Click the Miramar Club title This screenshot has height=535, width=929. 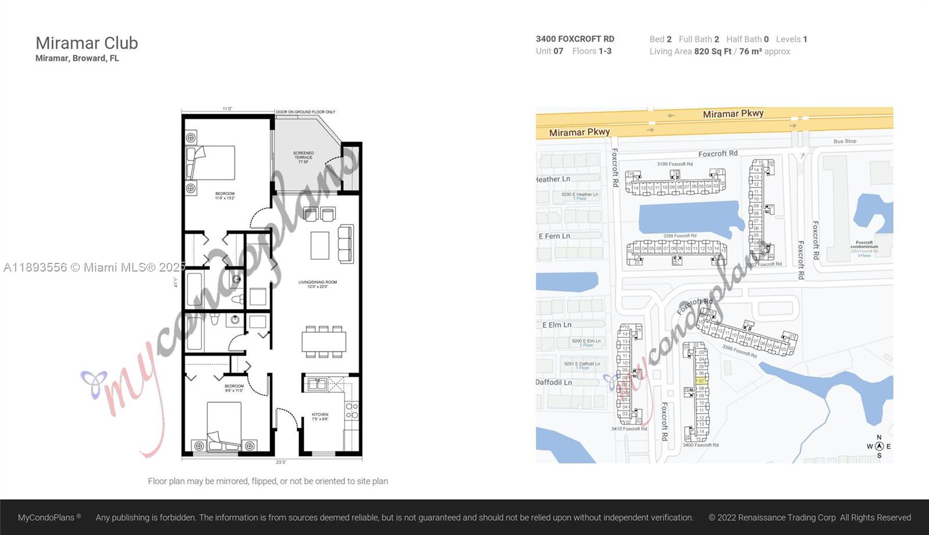87,43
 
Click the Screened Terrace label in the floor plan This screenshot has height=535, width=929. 303,157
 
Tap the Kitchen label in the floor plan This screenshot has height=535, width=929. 320,417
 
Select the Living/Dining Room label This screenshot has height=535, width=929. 318,284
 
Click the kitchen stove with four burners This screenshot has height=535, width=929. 352,411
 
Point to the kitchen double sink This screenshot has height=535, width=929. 317,384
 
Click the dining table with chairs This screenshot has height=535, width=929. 323,341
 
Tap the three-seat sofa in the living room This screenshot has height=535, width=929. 345,244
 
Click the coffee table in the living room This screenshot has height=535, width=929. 320,245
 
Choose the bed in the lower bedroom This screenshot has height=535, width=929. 224,425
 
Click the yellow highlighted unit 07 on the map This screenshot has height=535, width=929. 701,381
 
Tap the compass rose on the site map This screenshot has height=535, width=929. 879,446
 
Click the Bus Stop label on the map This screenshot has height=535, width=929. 845,141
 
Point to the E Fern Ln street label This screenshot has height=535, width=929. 554,236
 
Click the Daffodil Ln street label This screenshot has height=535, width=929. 553,382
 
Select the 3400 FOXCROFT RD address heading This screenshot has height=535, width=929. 575,39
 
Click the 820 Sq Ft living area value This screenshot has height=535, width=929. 712,52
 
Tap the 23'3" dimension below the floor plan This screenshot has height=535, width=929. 281,462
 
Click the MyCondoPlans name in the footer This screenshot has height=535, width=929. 46,518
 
